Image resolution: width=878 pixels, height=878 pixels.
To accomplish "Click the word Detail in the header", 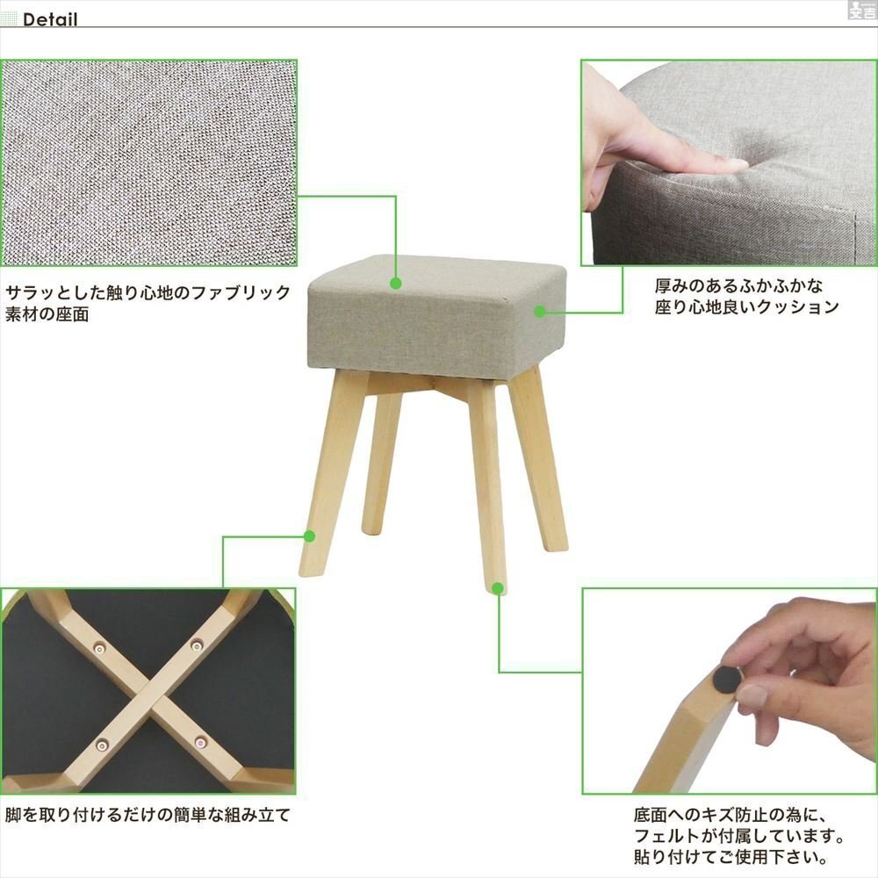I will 50,19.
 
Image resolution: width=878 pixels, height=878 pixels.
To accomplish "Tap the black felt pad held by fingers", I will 724,678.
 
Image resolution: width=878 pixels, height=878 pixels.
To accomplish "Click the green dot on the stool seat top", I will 396,284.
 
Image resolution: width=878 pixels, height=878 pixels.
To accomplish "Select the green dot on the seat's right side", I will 541,311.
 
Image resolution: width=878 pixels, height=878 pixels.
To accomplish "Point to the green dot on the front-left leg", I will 309,535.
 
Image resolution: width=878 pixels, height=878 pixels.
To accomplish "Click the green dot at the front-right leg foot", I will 499,588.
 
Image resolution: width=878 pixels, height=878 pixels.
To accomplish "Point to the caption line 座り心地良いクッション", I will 746,308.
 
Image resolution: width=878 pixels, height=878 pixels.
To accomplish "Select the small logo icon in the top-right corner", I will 860,10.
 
